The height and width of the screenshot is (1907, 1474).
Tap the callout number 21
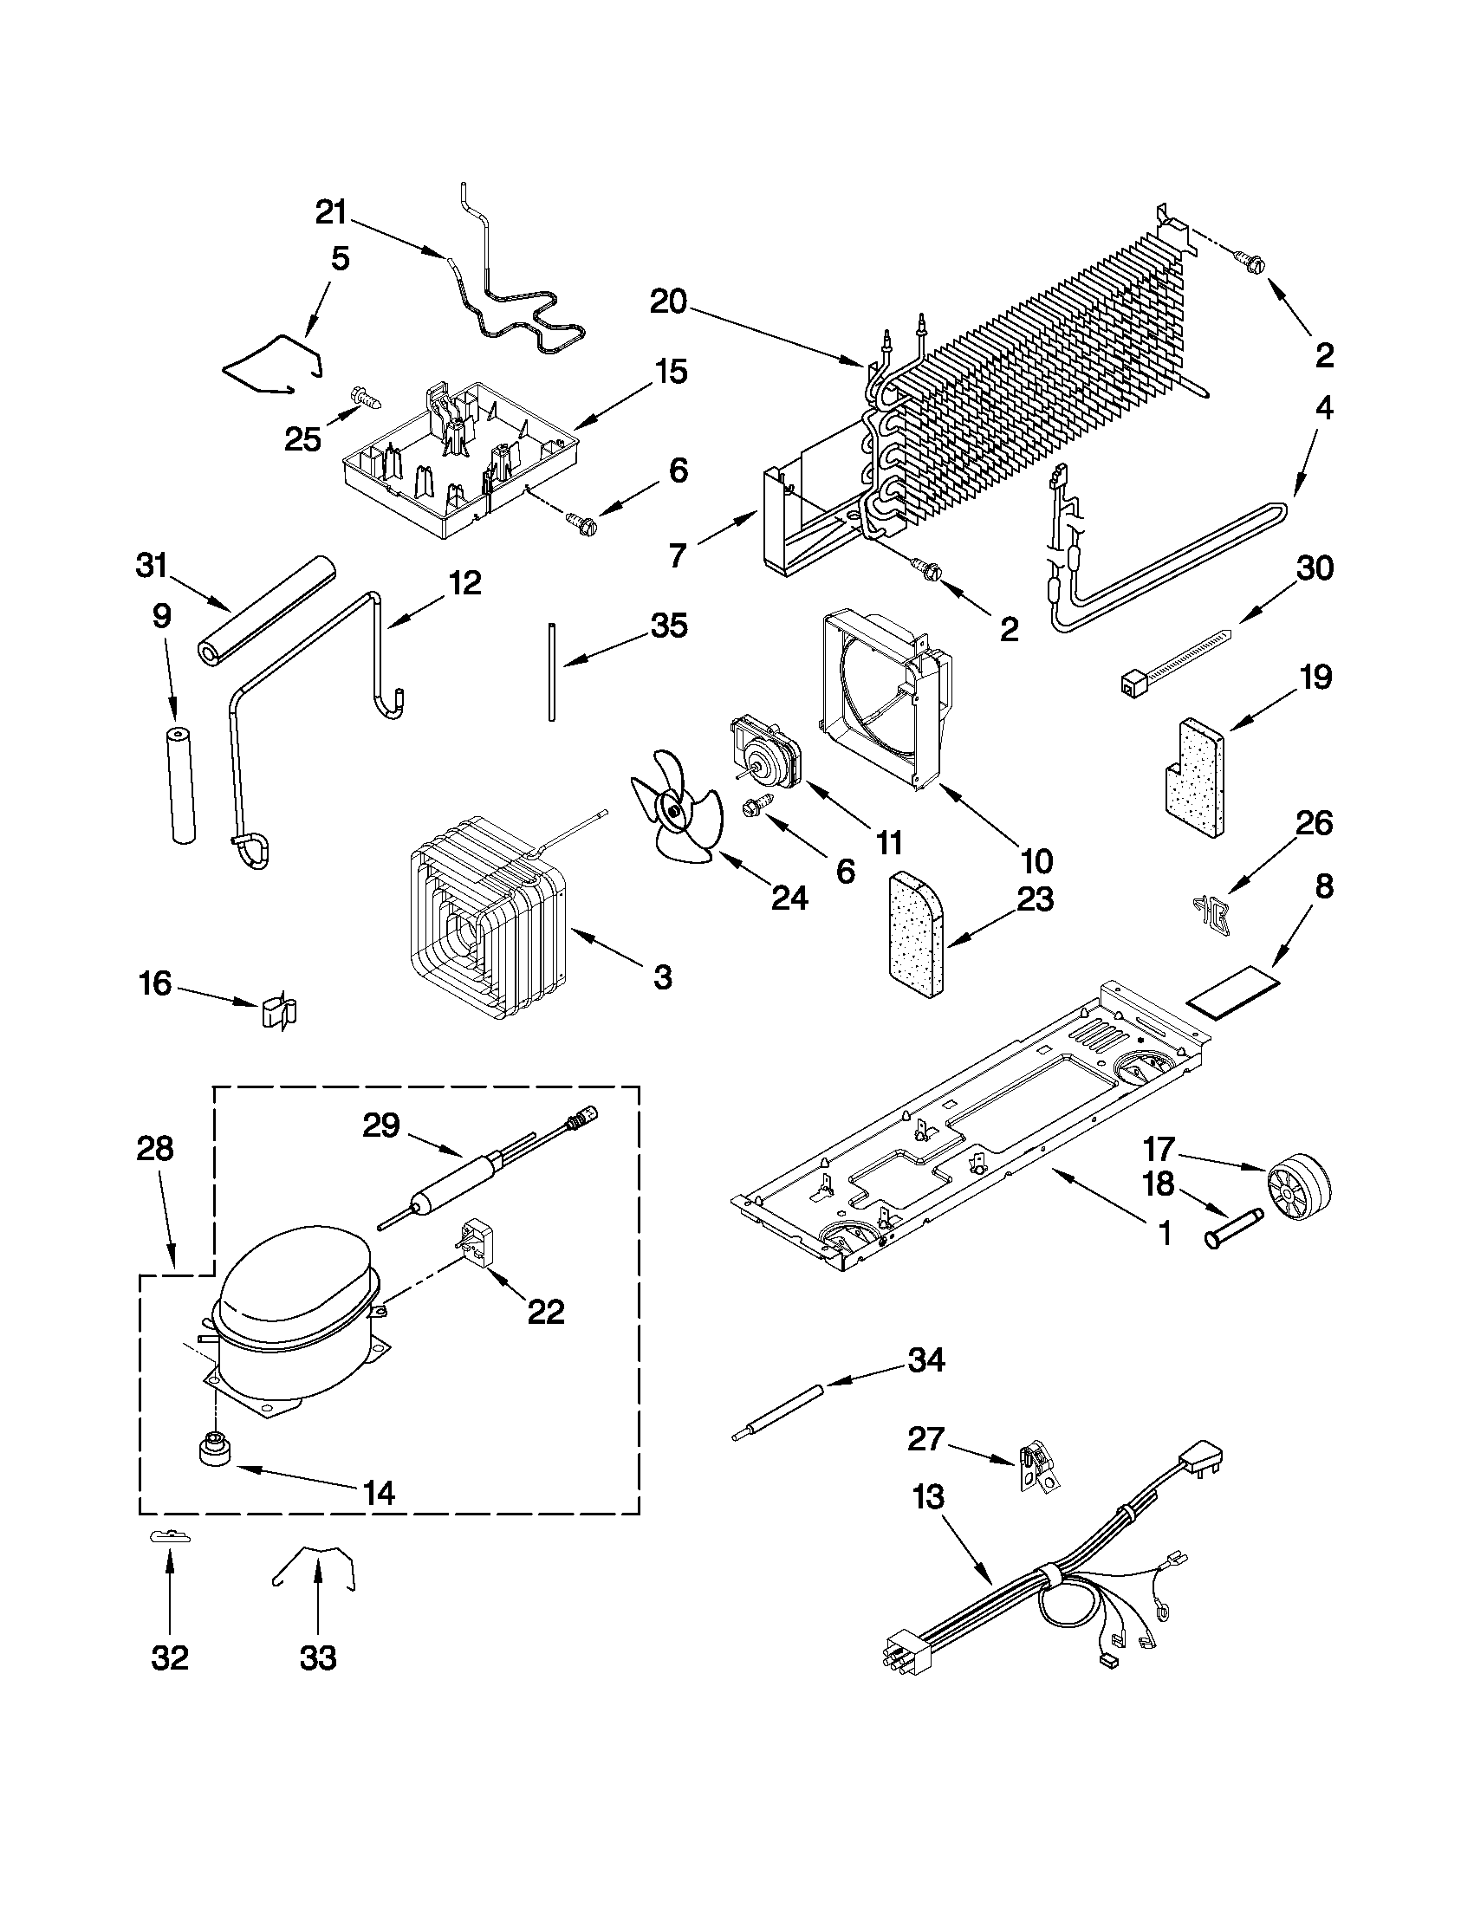(332, 213)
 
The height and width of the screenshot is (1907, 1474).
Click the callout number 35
(669, 626)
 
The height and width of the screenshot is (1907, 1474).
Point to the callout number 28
(155, 1149)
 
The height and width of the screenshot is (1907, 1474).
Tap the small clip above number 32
(169, 1537)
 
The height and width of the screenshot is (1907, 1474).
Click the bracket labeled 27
(1039, 1475)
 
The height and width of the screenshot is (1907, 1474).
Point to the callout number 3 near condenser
(663, 977)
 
